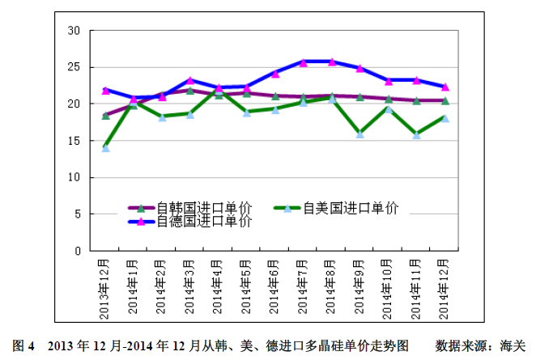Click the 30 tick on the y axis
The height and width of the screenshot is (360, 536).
[x=74, y=31]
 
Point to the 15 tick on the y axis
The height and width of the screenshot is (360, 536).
[x=74, y=141]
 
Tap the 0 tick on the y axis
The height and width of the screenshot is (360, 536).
[x=77, y=251]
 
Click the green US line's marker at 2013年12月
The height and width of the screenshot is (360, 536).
[x=105, y=147]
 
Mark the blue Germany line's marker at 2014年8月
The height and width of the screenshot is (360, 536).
[x=332, y=61]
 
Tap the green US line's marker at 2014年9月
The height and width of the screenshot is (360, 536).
[x=360, y=133]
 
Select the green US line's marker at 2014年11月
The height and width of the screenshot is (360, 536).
[x=417, y=134]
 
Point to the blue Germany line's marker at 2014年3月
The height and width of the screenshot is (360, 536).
[x=190, y=81]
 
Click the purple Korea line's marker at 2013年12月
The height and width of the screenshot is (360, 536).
[x=105, y=116]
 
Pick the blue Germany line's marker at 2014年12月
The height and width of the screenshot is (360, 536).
[x=445, y=87]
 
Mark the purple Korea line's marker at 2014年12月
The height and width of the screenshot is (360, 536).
[x=445, y=100]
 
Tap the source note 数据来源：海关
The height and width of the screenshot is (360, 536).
[x=481, y=345]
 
